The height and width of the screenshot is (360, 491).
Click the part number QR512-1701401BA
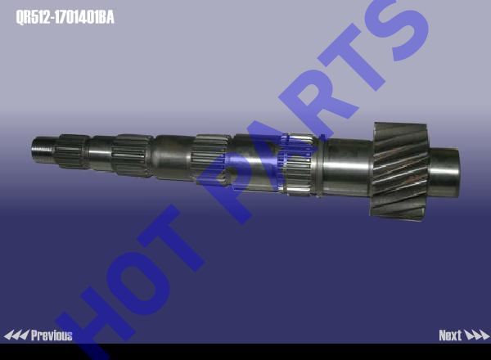(65, 17)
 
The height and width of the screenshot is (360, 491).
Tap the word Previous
(52, 335)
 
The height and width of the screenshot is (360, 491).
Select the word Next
(450, 335)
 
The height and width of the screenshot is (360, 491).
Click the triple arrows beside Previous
(16, 335)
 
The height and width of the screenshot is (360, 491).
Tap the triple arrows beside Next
(476, 335)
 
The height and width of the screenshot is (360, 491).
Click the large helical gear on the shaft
(400, 172)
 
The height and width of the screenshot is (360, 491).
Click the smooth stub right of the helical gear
(444, 173)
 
